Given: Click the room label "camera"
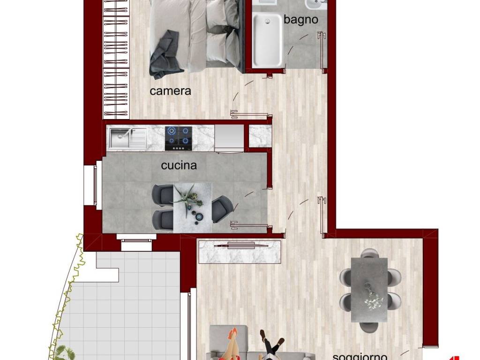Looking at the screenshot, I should pyautogui.click(x=170, y=91).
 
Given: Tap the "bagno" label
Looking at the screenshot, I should pyautogui.click(x=300, y=20).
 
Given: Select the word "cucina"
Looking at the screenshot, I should pyautogui.click(x=179, y=165).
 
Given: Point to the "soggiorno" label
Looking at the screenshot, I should pyautogui.click(x=360, y=356).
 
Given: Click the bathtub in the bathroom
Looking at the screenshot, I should pyautogui.click(x=268, y=39).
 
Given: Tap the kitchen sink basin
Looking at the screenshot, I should pyautogui.click(x=120, y=138).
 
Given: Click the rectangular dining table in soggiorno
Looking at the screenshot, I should pyautogui.click(x=369, y=289).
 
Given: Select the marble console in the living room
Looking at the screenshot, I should pyautogui.click(x=240, y=251).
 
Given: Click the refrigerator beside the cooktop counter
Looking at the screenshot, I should pyautogui.click(x=229, y=138).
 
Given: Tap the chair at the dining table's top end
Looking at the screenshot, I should pyautogui.click(x=370, y=254).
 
